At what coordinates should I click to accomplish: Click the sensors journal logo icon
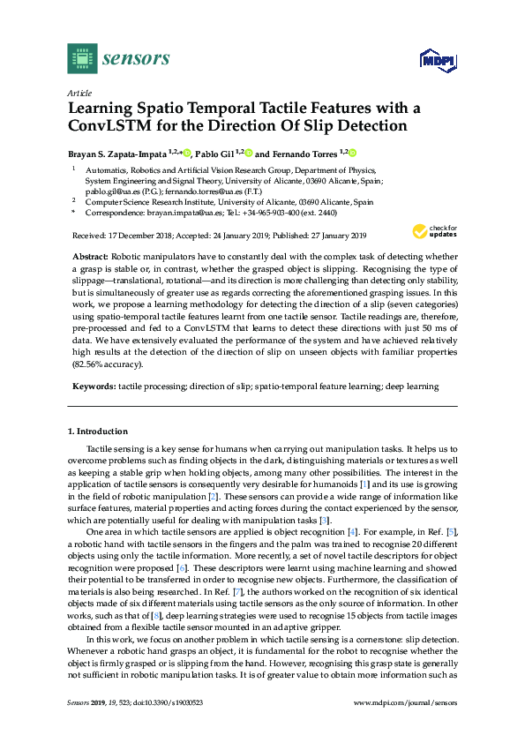click(x=81, y=59)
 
